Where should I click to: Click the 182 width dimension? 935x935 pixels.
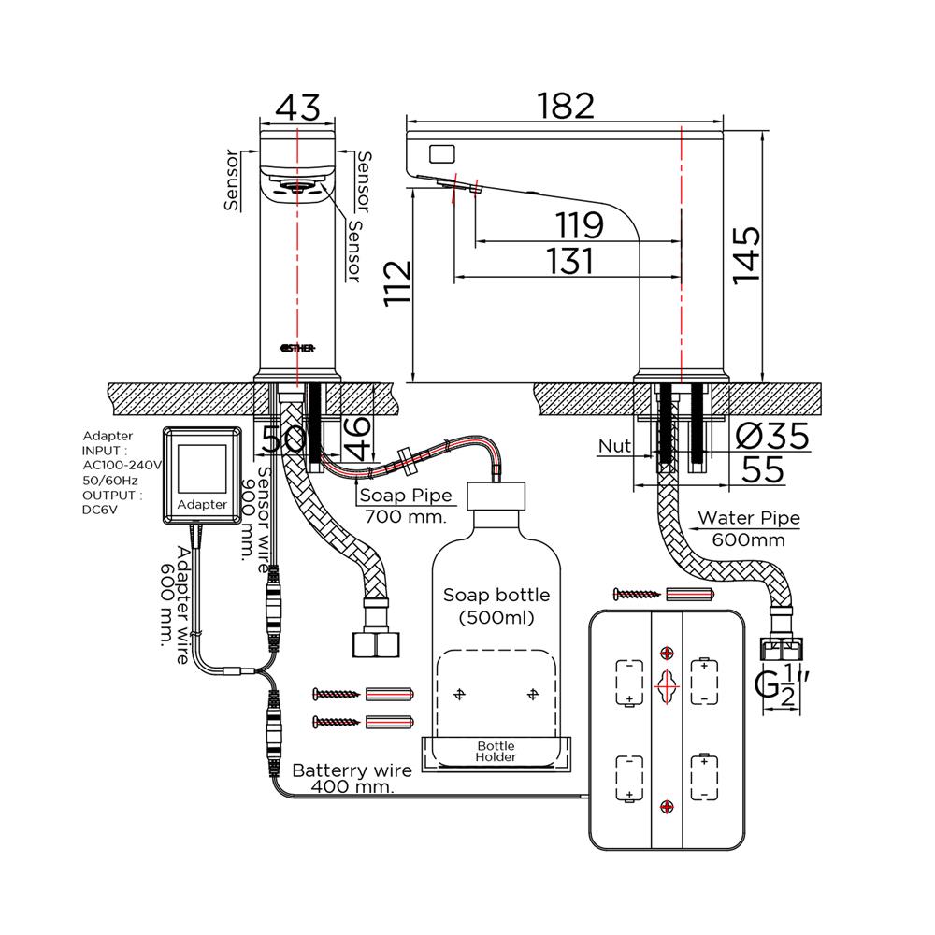(x=567, y=106)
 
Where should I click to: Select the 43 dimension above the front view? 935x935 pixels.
(x=297, y=108)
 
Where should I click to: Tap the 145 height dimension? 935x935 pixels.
(x=747, y=255)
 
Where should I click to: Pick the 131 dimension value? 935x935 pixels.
(x=569, y=261)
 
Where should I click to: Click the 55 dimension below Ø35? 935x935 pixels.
(x=764, y=469)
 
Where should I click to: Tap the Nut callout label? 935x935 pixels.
(x=614, y=447)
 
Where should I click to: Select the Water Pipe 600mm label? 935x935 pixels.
(x=749, y=528)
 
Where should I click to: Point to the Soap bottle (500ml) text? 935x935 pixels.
(x=496, y=606)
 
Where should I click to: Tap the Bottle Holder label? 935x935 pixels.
(x=496, y=751)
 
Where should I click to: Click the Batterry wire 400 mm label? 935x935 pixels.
(x=352, y=779)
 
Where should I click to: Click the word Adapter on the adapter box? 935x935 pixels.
(x=202, y=504)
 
